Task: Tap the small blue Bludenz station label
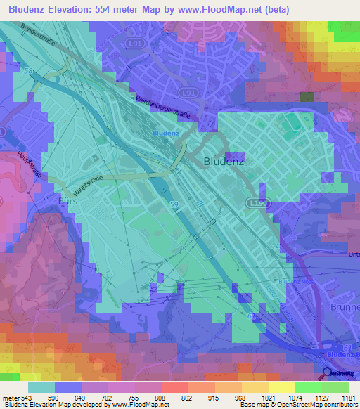165,133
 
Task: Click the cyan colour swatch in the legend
41,387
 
